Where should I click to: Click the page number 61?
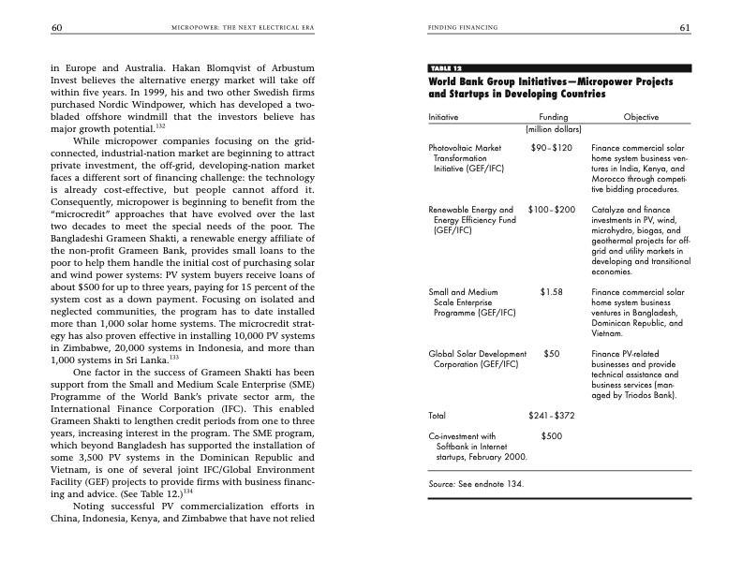coord(685,28)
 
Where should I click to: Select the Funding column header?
coord(553,117)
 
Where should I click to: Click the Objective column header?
coord(641,117)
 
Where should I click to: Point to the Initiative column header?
coord(445,117)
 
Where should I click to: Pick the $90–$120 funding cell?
coord(551,148)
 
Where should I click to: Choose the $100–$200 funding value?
coord(551,210)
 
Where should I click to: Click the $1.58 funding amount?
coord(551,292)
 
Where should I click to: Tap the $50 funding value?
coord(552,354)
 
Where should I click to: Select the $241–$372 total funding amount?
coord(551,415)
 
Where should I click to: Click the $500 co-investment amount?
coord(552,435)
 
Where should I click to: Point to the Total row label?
coord(438,415)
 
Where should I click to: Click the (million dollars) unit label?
coord(553,128)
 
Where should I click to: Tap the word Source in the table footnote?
coord(441,484)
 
